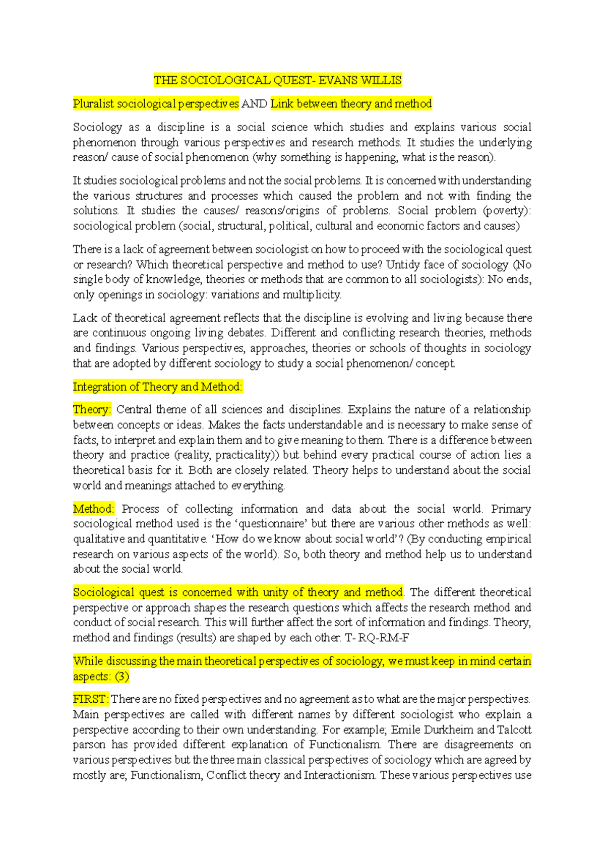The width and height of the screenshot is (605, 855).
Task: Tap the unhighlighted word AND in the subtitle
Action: [x=255, y=104]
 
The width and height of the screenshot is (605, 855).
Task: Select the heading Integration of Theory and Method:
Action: [x=158, y=387]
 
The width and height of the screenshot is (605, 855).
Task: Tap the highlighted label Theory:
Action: [x=92, y=410]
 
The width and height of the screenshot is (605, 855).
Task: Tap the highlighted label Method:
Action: [x=94, y=509]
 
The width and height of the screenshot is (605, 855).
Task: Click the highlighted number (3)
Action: [x=122, y=677]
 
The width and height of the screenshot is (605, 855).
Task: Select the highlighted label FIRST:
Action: [x=91, y=700]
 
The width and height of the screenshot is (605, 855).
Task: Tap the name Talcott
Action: [x=514, y=730]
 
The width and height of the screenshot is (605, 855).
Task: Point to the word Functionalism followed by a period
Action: [x=345, y=745]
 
